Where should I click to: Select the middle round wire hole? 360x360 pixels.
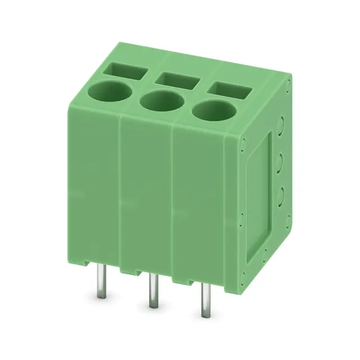[161, 101]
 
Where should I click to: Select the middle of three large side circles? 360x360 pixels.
[279, 194]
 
